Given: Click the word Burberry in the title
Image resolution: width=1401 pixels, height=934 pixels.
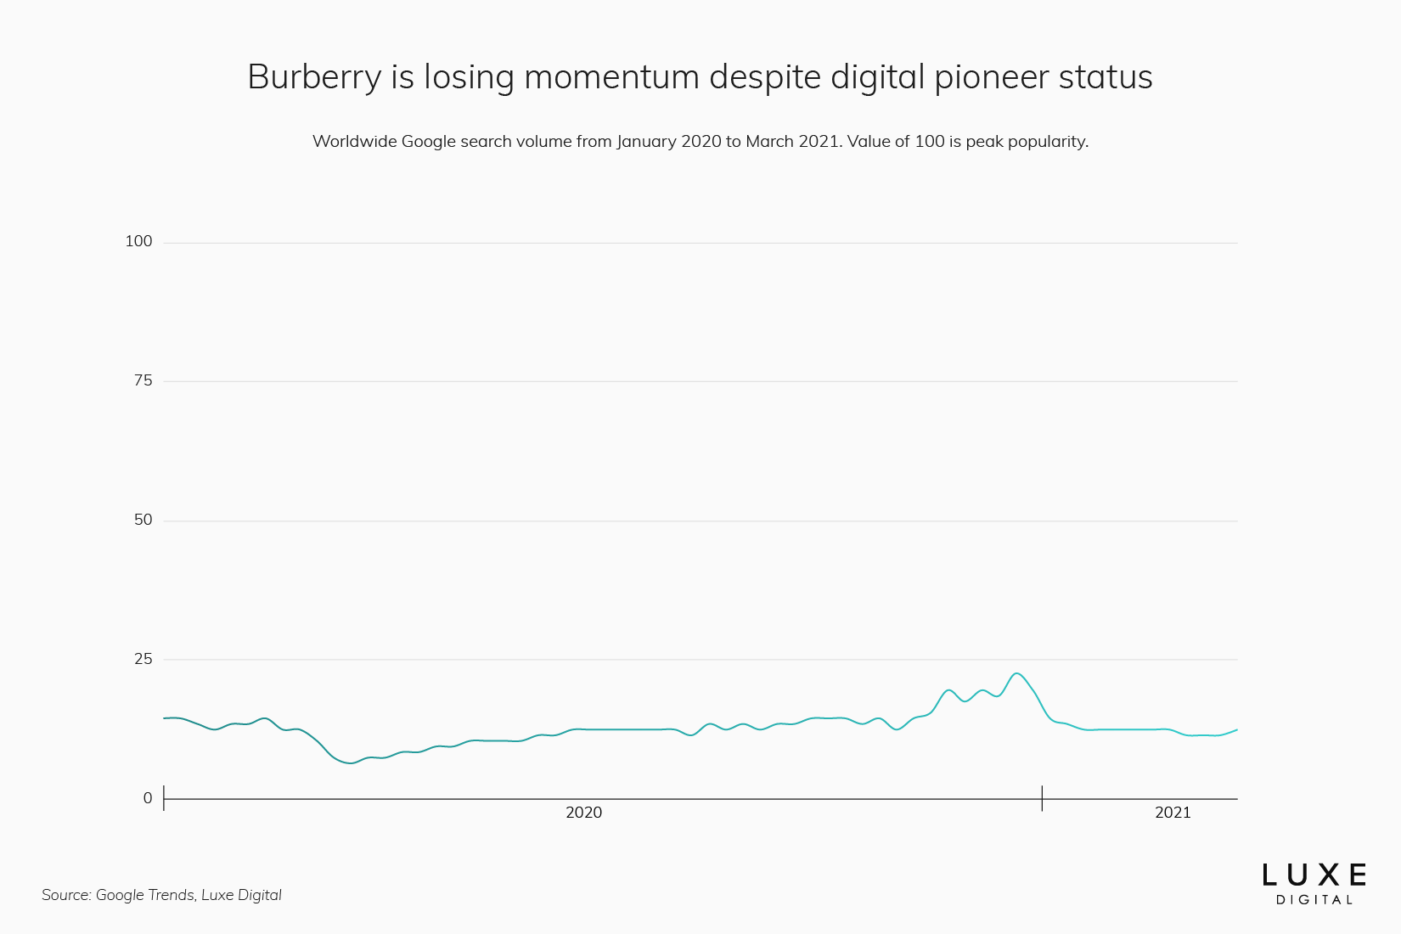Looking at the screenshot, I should [x=314, y=77].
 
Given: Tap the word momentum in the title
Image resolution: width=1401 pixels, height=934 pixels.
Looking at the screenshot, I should [x=611, y=77].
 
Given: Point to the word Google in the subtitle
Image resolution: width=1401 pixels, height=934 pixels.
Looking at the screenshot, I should [x=429, y=141].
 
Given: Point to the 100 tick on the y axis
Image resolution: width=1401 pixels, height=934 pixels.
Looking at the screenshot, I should [x=138, y=241].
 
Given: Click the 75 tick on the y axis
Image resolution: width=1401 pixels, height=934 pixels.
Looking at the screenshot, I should [x=143, y=380].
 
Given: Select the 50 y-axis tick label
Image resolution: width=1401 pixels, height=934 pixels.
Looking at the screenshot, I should [x=143, y=520].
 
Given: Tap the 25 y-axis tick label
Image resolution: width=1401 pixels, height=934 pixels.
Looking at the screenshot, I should [x=143, y=659].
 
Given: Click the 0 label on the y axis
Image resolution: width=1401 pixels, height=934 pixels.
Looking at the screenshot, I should [x=148, y=798].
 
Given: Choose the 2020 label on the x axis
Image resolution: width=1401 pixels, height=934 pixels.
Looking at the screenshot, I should [x=583, y=813].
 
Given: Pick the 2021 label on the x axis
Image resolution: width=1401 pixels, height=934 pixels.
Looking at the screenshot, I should [x=1173, y=813].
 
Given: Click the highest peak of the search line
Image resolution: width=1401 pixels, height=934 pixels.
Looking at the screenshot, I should [x=1016, y=673].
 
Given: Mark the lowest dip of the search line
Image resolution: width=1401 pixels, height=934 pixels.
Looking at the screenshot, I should [x=350, y=762].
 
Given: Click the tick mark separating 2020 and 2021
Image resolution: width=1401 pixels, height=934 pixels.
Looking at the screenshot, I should [x=1042, y=798].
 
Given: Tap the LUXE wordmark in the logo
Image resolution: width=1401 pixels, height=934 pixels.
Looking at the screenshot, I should [x=1314, y=875].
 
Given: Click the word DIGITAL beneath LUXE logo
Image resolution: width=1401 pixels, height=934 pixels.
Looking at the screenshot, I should [x=1314, y=900].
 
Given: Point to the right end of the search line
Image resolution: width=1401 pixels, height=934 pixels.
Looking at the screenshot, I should [x=1236, y=730].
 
